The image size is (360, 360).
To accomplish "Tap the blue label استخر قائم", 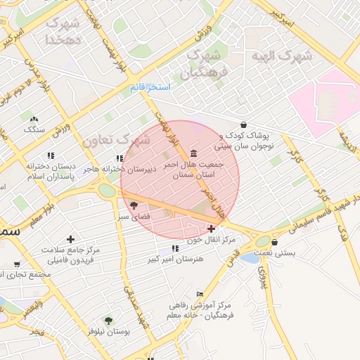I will pyautogui.click(x=150, y=87).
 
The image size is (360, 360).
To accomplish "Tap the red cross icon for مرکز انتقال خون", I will pyautogui.click(x=211, y=229).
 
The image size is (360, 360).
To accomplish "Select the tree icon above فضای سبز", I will pyautogui.click(x=134, y=205).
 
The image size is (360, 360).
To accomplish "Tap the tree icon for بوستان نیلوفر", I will pyautogui.click(x=108, y=321).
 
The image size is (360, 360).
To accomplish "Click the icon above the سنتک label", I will pyautogui.click(x=34, y=119).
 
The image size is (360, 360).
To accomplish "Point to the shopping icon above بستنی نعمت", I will pyautogui.click(x=274, y=243).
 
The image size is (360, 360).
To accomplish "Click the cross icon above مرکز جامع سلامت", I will pyautogui.click(x=70, y=240).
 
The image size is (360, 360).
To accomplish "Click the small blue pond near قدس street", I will pyautogui.click(x=250, y=258).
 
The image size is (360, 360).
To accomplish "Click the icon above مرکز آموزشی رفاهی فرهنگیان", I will pyautogui.click(x=200, y=294).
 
